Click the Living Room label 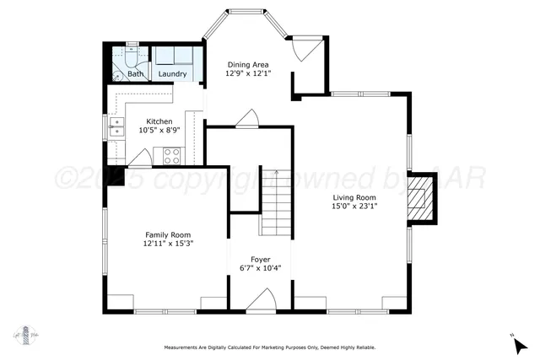(354, 196)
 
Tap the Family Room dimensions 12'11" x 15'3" (168, 244)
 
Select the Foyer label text (260, 260)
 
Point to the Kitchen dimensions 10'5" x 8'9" (159, 130)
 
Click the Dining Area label (247, 64)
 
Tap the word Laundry (173, 74)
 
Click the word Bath (136, 74)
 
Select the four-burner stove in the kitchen (171, 155)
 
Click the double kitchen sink (116, 127)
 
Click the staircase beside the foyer (274, 202)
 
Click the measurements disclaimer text (269, 347)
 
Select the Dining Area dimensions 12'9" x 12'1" (247, 73)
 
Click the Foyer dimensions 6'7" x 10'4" (260, 269)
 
